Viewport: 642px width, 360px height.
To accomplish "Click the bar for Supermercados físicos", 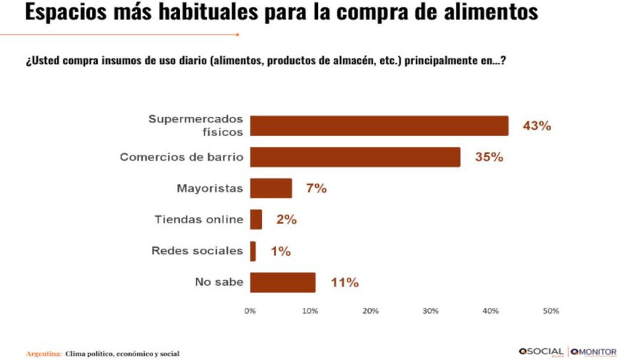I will [x=379, y=125].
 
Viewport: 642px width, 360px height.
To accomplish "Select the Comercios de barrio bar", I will [x=355, y=157].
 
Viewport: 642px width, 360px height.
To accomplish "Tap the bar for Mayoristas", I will [x=270, y=188].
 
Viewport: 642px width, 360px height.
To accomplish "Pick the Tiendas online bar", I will [x=255, y=220].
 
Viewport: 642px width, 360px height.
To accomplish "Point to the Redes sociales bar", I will [x=253, y=251].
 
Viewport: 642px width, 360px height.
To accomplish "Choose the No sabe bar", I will [x=282, y=282].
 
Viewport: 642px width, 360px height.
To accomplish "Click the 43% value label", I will [x=536, y=126].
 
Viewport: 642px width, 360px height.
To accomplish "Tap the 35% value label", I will [x=489, y=158].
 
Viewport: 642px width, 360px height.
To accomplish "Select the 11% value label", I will [x=344, y=283].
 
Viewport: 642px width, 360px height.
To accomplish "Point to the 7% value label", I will [x=316, y=189].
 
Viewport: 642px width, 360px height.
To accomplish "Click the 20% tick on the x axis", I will [x=370, y=311].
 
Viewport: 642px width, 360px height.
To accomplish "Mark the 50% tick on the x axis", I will [x=551, y=311].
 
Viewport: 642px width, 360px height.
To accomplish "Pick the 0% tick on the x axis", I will [x=250, y=311].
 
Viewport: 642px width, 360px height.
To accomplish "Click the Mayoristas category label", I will [x=210, y=189].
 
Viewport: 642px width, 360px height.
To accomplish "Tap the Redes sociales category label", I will [x=197, y=251].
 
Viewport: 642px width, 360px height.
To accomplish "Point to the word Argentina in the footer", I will [x=43, y=354].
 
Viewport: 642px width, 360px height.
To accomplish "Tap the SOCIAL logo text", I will [x=546, y=352].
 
